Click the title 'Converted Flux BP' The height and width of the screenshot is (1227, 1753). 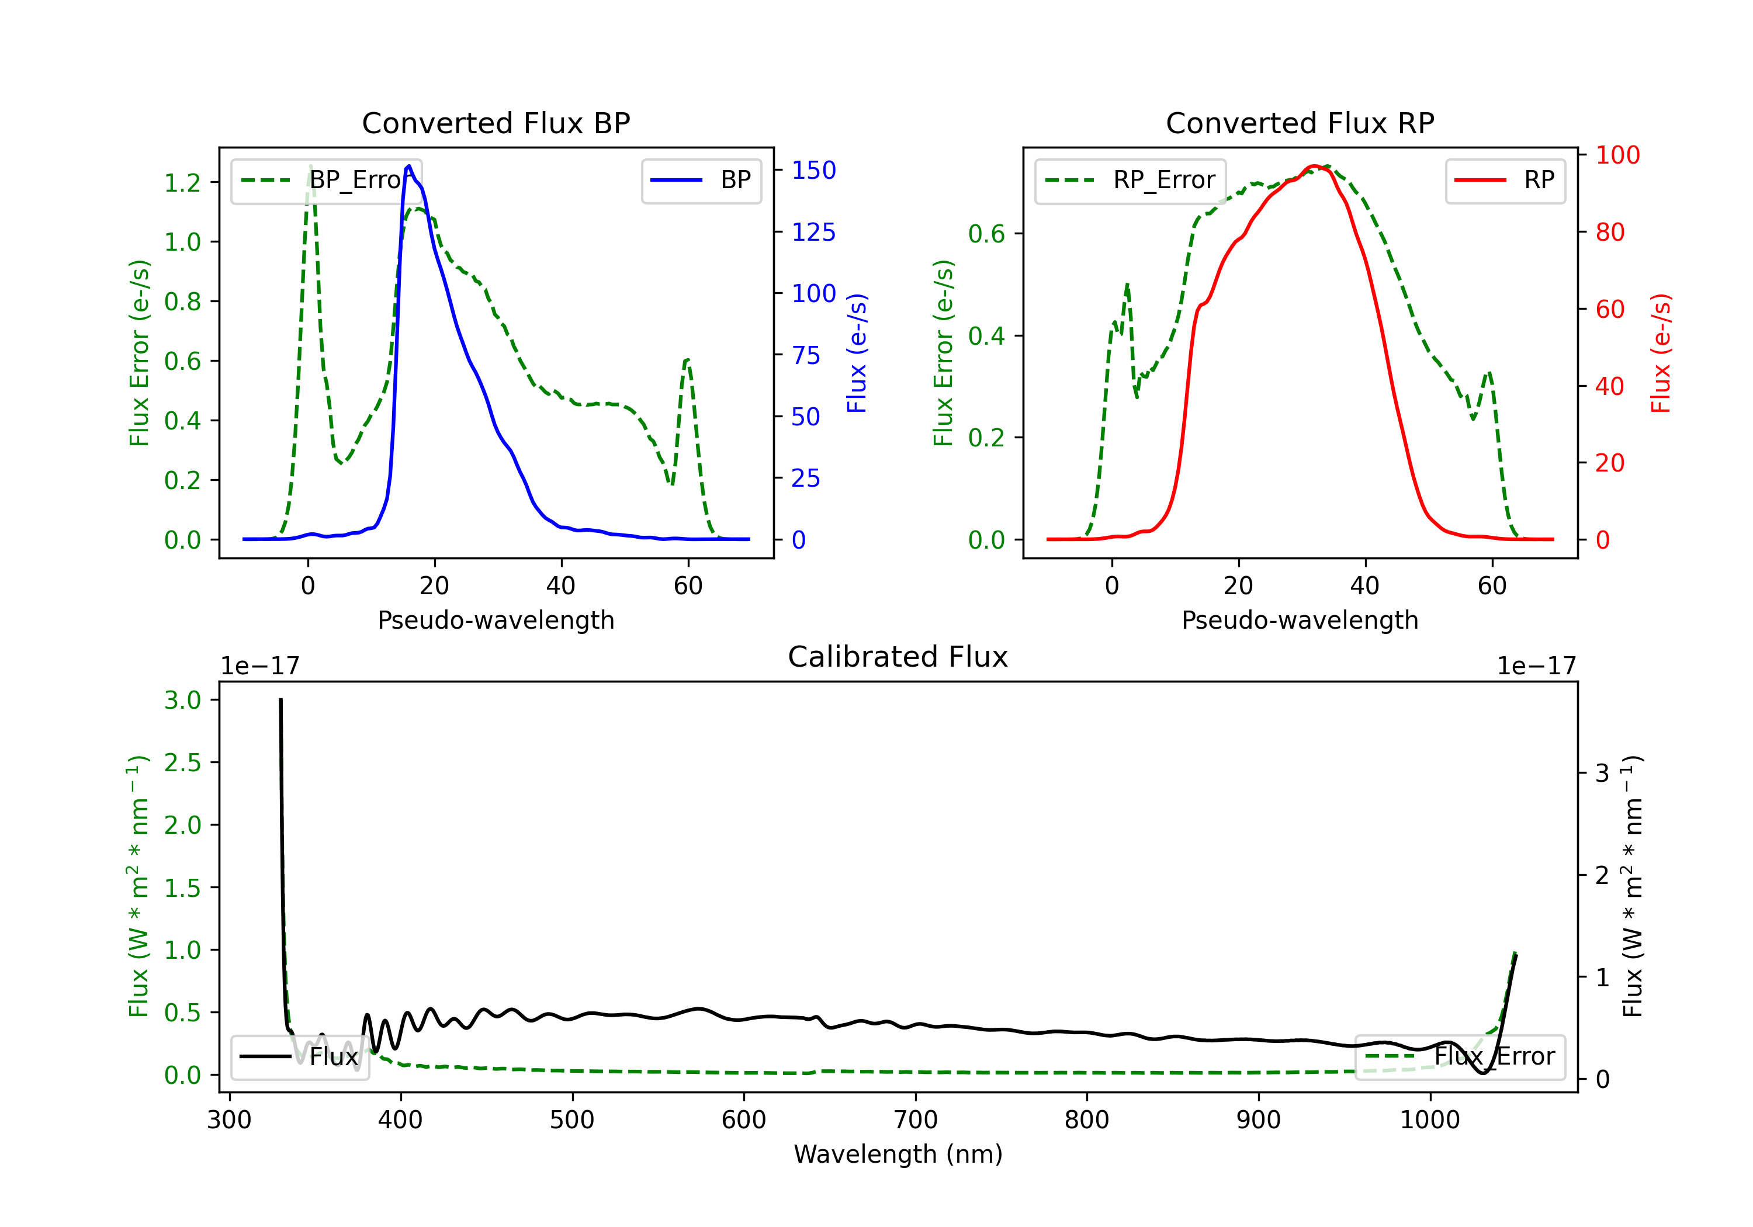pos(496,123)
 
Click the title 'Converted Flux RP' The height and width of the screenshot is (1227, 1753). pos(1300,123)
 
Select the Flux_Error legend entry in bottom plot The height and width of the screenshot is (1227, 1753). pos(1460,1057)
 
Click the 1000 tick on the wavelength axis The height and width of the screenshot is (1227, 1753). pos(1429,1120)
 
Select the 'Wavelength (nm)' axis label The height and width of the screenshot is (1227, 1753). pos(898,1155)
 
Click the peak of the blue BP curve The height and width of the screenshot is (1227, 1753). pos(409,166)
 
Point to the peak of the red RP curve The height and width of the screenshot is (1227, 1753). pos(1314,166)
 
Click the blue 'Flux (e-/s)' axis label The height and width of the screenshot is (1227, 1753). pos(857,353)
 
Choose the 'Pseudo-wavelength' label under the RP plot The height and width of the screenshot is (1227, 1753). pos(1300,620)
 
